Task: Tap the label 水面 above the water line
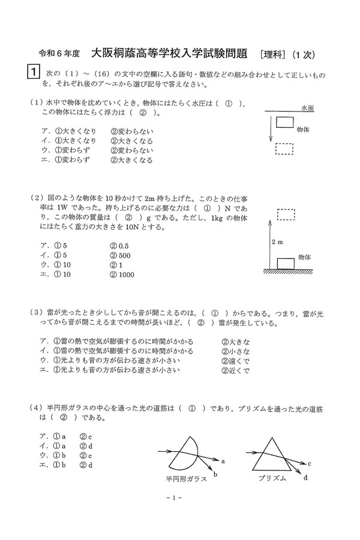(x=308, y=109)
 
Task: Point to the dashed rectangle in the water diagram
(x=285, y=148)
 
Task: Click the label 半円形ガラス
(x=187, y=479)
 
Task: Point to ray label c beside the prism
(x=308, y=464)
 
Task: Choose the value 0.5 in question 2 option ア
(x=123, y=246)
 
